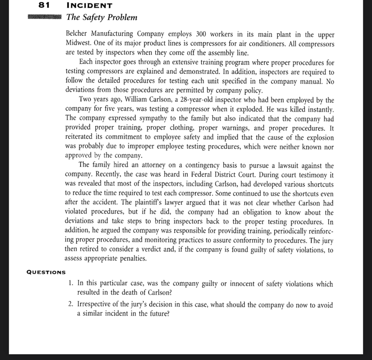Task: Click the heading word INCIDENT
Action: (x=89, y=6)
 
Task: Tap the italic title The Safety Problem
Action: (x=102, y=17)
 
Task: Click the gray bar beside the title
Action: (x=44, y=17)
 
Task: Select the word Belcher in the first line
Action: (x=78, y=34)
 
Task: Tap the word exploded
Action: (x=251, y=109)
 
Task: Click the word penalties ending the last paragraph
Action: (x=133, y=259)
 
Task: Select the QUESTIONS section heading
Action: (x=46, y=272)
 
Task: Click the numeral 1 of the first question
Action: (x=71, y=283)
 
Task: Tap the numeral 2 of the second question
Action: (x=71, y=304)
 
